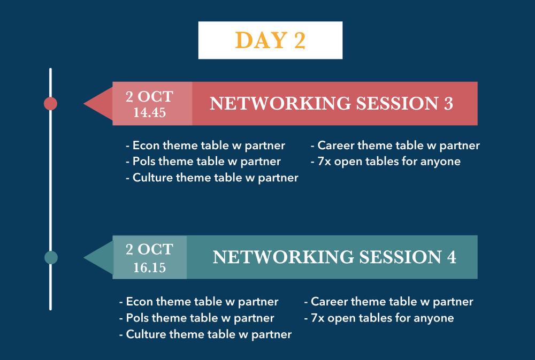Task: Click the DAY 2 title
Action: (270, 41)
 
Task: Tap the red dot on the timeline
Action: (50, 103)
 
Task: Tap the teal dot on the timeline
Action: (50, 257)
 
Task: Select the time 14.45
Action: (150, 113)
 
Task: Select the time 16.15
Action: (150, 267)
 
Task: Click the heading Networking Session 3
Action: (331, 103)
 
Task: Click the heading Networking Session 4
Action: (334, 257)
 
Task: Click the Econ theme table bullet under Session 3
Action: (205, 145)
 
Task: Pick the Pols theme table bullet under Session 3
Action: (203, 161)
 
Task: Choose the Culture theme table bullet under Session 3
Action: (212, 178)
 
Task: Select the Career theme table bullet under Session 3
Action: (395, 145)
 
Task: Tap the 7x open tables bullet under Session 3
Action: (385, 161)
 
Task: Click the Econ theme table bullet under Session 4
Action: (199, 302)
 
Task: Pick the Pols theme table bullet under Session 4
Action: (197, 318)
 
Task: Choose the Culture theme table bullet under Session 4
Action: (205, 334)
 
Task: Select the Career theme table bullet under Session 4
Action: (389, 302)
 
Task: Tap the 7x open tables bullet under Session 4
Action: (379, 318)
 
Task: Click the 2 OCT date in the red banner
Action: (150, 97)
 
